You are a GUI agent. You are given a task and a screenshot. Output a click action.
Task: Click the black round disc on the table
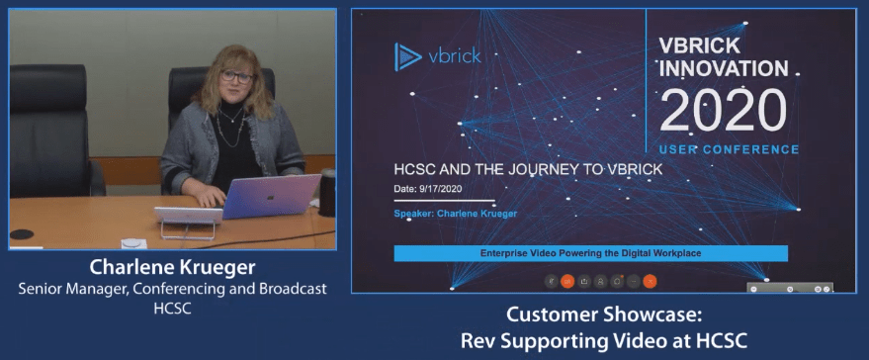coord(22,235)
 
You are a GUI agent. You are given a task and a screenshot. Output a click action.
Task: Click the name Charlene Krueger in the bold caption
coord(172,268)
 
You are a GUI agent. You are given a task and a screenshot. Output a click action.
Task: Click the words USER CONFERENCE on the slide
coord(729,149)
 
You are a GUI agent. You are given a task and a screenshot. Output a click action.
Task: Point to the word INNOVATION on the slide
coord(724,69)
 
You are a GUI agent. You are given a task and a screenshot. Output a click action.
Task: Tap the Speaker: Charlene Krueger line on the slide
coord(455,214)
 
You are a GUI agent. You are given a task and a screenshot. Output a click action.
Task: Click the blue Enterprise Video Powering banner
coord(590,253)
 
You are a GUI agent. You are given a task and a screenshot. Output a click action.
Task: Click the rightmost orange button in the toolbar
coord(650,280)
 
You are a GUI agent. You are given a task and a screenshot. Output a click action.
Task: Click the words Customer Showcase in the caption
coord(604,315)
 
